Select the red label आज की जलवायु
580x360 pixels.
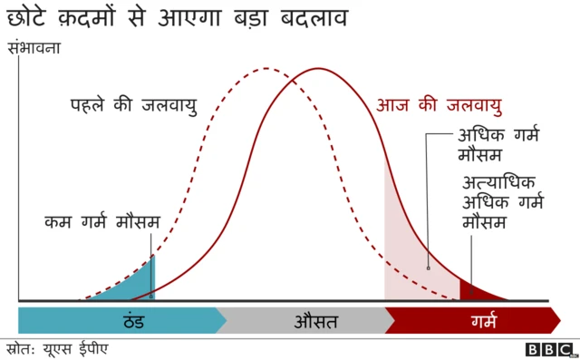point(439,105)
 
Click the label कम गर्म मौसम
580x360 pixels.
point(101,221)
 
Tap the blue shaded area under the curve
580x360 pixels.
point(136,285)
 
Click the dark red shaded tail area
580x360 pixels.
point(473,292)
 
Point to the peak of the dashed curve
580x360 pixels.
point(265,69)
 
